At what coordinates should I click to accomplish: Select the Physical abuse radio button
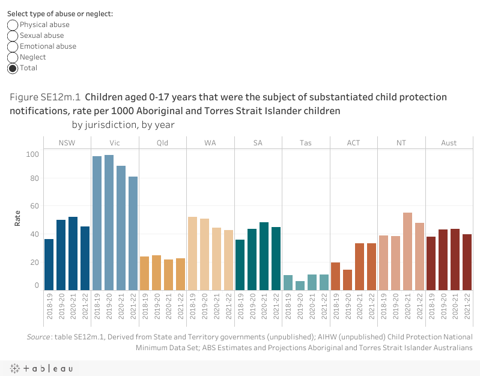coord(13,25)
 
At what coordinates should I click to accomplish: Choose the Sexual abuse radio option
coord(13,35)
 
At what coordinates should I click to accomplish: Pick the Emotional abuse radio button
coord(13,46)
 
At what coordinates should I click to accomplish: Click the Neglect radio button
coord(13,57)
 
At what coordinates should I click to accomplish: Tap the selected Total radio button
coord(13,68)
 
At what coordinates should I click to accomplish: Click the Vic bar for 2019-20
coord(109,222)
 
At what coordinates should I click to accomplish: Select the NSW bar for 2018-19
coord(49,264)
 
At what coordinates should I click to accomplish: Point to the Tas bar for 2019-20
coord(300,285)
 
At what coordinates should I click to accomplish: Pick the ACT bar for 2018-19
coord(336,276)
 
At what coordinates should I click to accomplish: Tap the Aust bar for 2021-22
coord(467,262)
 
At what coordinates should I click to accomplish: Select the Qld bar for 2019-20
coord(156,273)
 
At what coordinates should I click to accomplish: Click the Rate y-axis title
coord(17,217)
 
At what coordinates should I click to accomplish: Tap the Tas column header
coord(306,143)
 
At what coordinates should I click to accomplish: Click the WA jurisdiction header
coord(210,143)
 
